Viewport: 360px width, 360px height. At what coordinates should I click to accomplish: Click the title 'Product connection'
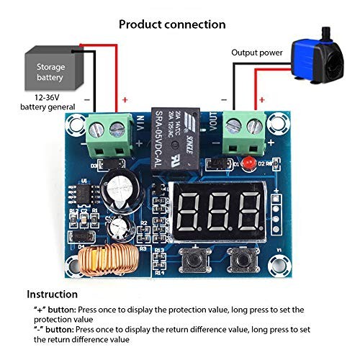(172, 24)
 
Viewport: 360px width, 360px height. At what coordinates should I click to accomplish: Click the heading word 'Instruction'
(53, 294)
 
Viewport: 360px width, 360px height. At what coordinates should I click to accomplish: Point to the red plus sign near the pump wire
(261, 99)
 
